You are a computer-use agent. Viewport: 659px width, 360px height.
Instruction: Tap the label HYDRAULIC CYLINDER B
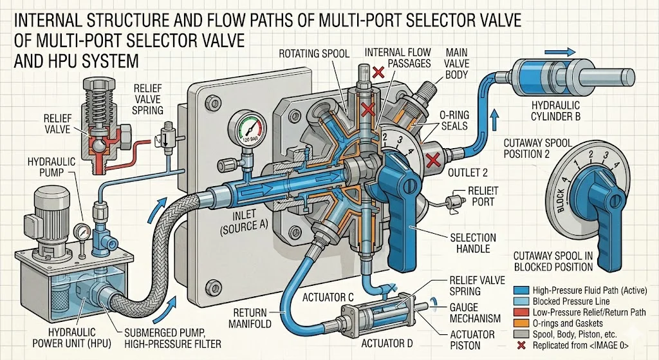[555, 111]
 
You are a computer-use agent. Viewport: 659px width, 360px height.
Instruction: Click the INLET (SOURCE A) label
[243, 221]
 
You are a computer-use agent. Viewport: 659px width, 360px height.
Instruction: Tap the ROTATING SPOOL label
[314, 53]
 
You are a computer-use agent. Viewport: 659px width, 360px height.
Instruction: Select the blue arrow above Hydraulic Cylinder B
[560, 52]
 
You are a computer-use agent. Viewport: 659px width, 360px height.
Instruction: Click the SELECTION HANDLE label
[472, 243]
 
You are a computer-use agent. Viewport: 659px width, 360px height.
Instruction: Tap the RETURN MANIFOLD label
[250, 318]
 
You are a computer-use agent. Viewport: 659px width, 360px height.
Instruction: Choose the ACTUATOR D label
[387, 344]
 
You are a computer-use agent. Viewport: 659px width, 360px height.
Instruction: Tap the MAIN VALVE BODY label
[456, 64]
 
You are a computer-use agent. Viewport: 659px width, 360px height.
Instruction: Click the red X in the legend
[522, 346]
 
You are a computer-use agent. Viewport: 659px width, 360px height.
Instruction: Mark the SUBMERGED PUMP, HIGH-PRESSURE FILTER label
[172, 339]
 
